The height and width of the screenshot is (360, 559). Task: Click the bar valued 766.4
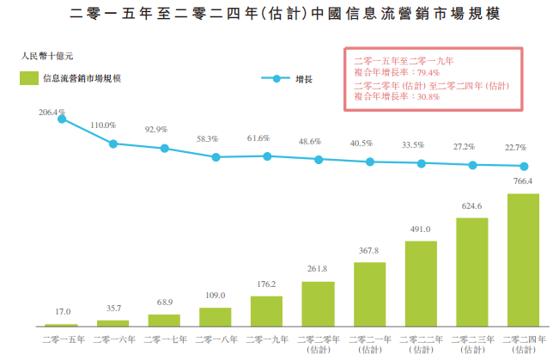coord(523,259)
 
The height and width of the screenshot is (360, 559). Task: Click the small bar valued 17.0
coord(62,325)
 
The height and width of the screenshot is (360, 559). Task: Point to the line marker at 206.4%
coord(62,119)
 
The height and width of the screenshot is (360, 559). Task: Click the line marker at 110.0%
coord(112,143)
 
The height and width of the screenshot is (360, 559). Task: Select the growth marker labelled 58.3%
coord(216,157)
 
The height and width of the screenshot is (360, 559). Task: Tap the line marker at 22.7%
coord(523,166)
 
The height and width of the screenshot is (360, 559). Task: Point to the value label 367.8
coord(369,251)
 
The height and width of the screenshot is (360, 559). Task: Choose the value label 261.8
coord(318,270)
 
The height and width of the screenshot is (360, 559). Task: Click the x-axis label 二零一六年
coord(112,339)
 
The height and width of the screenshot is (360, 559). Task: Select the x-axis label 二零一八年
coord(215,339)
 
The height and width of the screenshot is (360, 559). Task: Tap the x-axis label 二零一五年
coord(62,339)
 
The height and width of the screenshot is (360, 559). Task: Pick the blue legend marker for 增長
coord(276,79)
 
